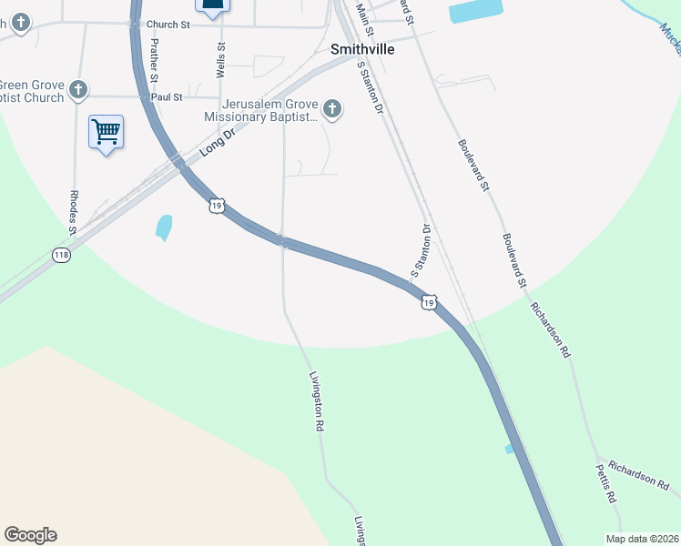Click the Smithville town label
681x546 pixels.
pos(362,49)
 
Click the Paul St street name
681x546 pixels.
pos(167,96)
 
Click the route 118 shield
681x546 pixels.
pos(61,255)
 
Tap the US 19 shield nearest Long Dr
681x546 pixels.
pos(216,206)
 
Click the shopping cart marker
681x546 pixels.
pos(106,133)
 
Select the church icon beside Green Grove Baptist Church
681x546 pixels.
pos(79,90)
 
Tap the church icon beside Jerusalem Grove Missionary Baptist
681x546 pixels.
pos(332,110)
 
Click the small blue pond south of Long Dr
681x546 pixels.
pos(164,227)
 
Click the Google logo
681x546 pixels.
pos(30,535)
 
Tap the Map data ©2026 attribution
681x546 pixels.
pos(642,539)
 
